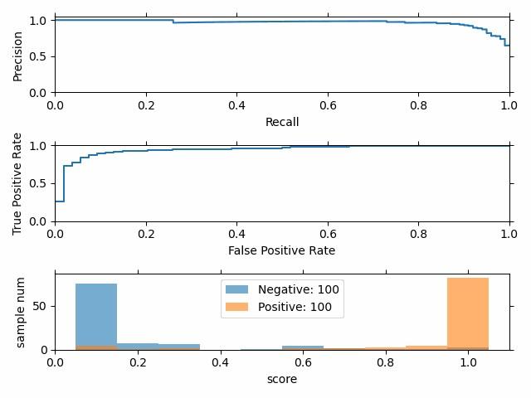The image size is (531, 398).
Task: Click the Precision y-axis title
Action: click(x=17, y=56)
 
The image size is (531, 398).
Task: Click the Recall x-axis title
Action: click(x=282, y=122)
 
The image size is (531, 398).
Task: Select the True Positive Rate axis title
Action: click(x=17, y=183)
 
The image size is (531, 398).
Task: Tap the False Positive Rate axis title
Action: click(x=282, y=250)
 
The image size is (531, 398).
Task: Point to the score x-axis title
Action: click(x=282, y=379)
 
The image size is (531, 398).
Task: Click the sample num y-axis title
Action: click(x=22, y=311)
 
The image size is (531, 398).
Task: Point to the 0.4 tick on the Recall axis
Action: click(x=237, y=104)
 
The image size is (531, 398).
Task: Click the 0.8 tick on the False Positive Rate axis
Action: click(x=419, y=233)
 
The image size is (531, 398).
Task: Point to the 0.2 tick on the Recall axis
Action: click(x=146, y=104)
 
